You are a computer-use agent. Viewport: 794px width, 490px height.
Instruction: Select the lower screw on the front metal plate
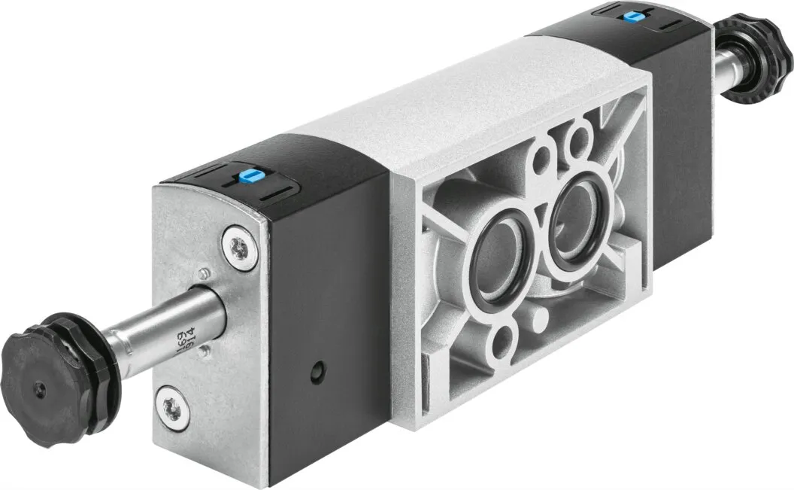170,403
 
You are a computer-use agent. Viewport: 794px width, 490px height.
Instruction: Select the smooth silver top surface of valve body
421,113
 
